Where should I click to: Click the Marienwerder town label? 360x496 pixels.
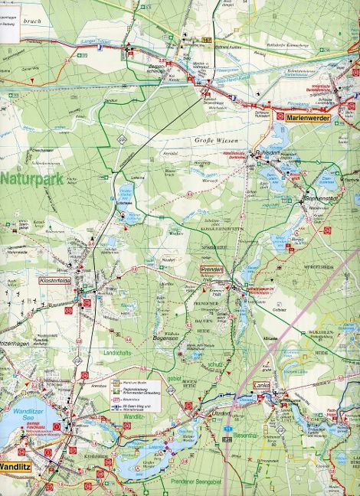point(307,119)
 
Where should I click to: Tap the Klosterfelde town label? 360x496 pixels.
point(54,281)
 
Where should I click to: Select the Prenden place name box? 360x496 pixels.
point(211,270)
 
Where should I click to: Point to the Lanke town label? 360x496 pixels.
point(262,386)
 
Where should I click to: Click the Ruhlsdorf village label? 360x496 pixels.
point(269,151)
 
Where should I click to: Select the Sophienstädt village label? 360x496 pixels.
point(322,197)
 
